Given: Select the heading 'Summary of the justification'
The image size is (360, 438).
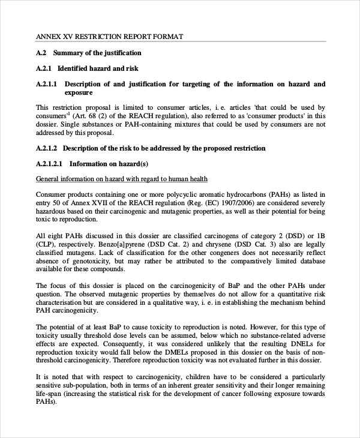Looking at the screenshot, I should pos(97,53).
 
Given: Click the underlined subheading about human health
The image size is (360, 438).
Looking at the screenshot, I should pos(122,179).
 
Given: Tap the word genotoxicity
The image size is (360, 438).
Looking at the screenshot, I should pos(86,262).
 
